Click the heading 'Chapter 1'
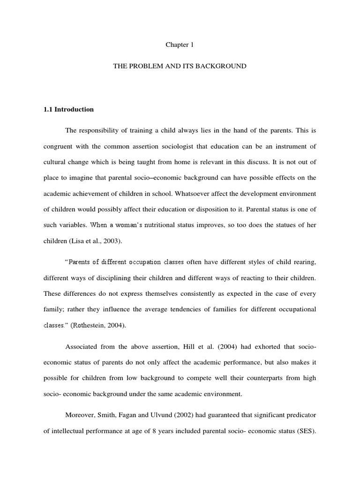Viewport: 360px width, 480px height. pos(180,45)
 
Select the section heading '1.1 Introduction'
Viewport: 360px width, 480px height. pos(68,109)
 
